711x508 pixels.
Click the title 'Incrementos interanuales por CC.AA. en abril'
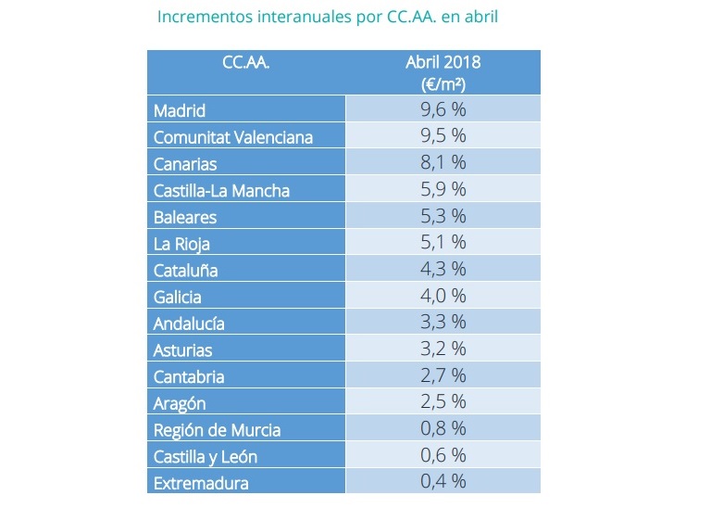click(x=329, y=18)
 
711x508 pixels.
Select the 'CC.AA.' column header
click(x=245, y=64)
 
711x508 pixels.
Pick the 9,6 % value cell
click(x=443, y=109)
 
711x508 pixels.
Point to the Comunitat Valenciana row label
click(x=233, y=137)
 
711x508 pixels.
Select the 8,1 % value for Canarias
click(x=443, y=163)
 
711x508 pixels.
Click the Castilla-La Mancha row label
click(x=221, y=191)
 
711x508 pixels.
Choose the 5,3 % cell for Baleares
click(x=443, y=217)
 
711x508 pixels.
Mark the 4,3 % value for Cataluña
click(x=443, y=270)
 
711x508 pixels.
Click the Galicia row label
click(x=178, y=298)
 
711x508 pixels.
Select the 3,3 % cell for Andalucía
click(x=443, y=324)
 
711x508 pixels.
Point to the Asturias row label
click(x=183, y=350)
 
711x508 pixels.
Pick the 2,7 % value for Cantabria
click(x=443, y=376)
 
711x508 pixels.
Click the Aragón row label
click(x=180, y=404)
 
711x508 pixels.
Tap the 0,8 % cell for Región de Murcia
click(x=443, y=429)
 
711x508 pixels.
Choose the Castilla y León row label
click(x=206, y=457)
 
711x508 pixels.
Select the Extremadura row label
click(x=201, y=483)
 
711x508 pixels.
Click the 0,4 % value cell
click(x=443, y=482)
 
